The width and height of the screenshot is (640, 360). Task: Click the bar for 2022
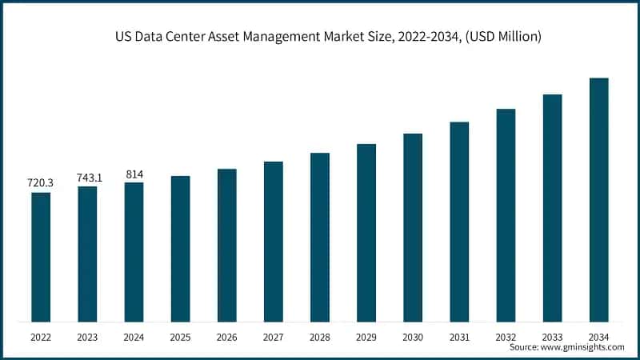point(41,257)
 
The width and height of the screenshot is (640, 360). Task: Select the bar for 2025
point(181,249)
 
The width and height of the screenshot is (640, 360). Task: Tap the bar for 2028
point(320,237)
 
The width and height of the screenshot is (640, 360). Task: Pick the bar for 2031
point(459,222)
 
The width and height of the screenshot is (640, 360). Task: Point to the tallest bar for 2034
point(598,200)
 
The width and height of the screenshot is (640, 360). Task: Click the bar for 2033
point(552,208)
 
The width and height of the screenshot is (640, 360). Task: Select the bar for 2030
point(413,227)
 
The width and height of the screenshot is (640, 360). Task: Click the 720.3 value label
point(41,183)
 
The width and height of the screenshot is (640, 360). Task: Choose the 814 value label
point(134,174)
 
